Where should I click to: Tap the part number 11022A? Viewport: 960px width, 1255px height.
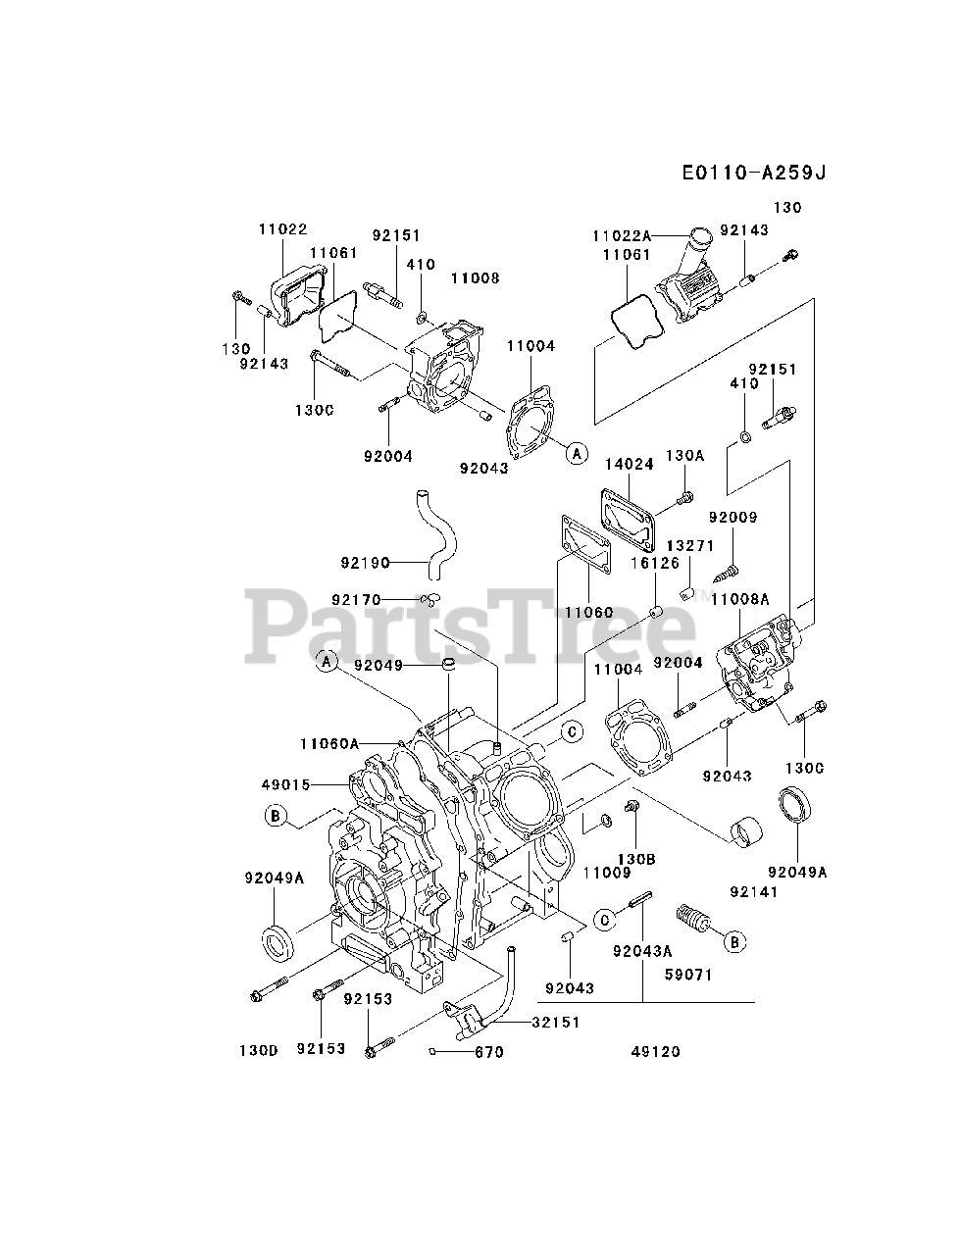(x=621, y=236)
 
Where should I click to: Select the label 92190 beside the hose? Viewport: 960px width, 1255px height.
(x=366, y=563)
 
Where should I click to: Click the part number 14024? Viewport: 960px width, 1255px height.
(x=629, y=465)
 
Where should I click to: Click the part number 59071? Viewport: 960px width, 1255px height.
(x=687, y=975)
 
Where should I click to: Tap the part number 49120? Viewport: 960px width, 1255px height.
(x=656, y=1052)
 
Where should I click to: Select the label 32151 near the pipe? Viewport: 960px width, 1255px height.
(x=556, y=1022)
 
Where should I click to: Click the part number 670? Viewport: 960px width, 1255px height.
(x=487, y=1052)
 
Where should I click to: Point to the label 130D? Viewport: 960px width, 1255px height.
(x=259, y=1051)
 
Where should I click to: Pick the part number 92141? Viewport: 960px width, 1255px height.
(x=754, y=892)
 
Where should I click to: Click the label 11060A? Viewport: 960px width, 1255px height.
(x=329, y=744)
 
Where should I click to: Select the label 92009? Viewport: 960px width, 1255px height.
(x=733, y=517)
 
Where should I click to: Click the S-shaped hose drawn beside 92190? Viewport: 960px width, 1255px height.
(x=434, y=528)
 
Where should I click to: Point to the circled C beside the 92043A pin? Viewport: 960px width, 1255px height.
(x=605, y=919)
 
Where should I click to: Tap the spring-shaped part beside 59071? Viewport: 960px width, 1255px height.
(x=693, y=919)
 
